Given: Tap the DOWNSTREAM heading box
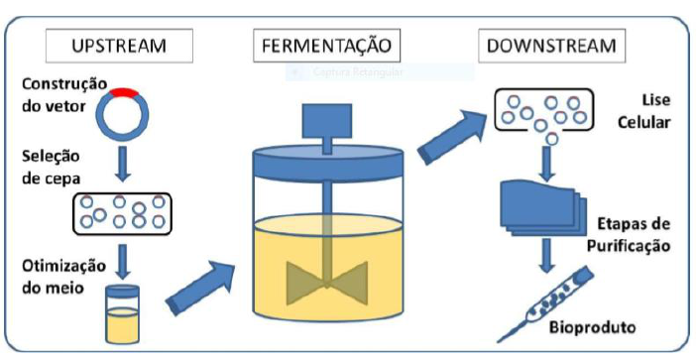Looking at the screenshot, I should click(547, 46).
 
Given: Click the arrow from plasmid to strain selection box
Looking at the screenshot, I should click(123, 164).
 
